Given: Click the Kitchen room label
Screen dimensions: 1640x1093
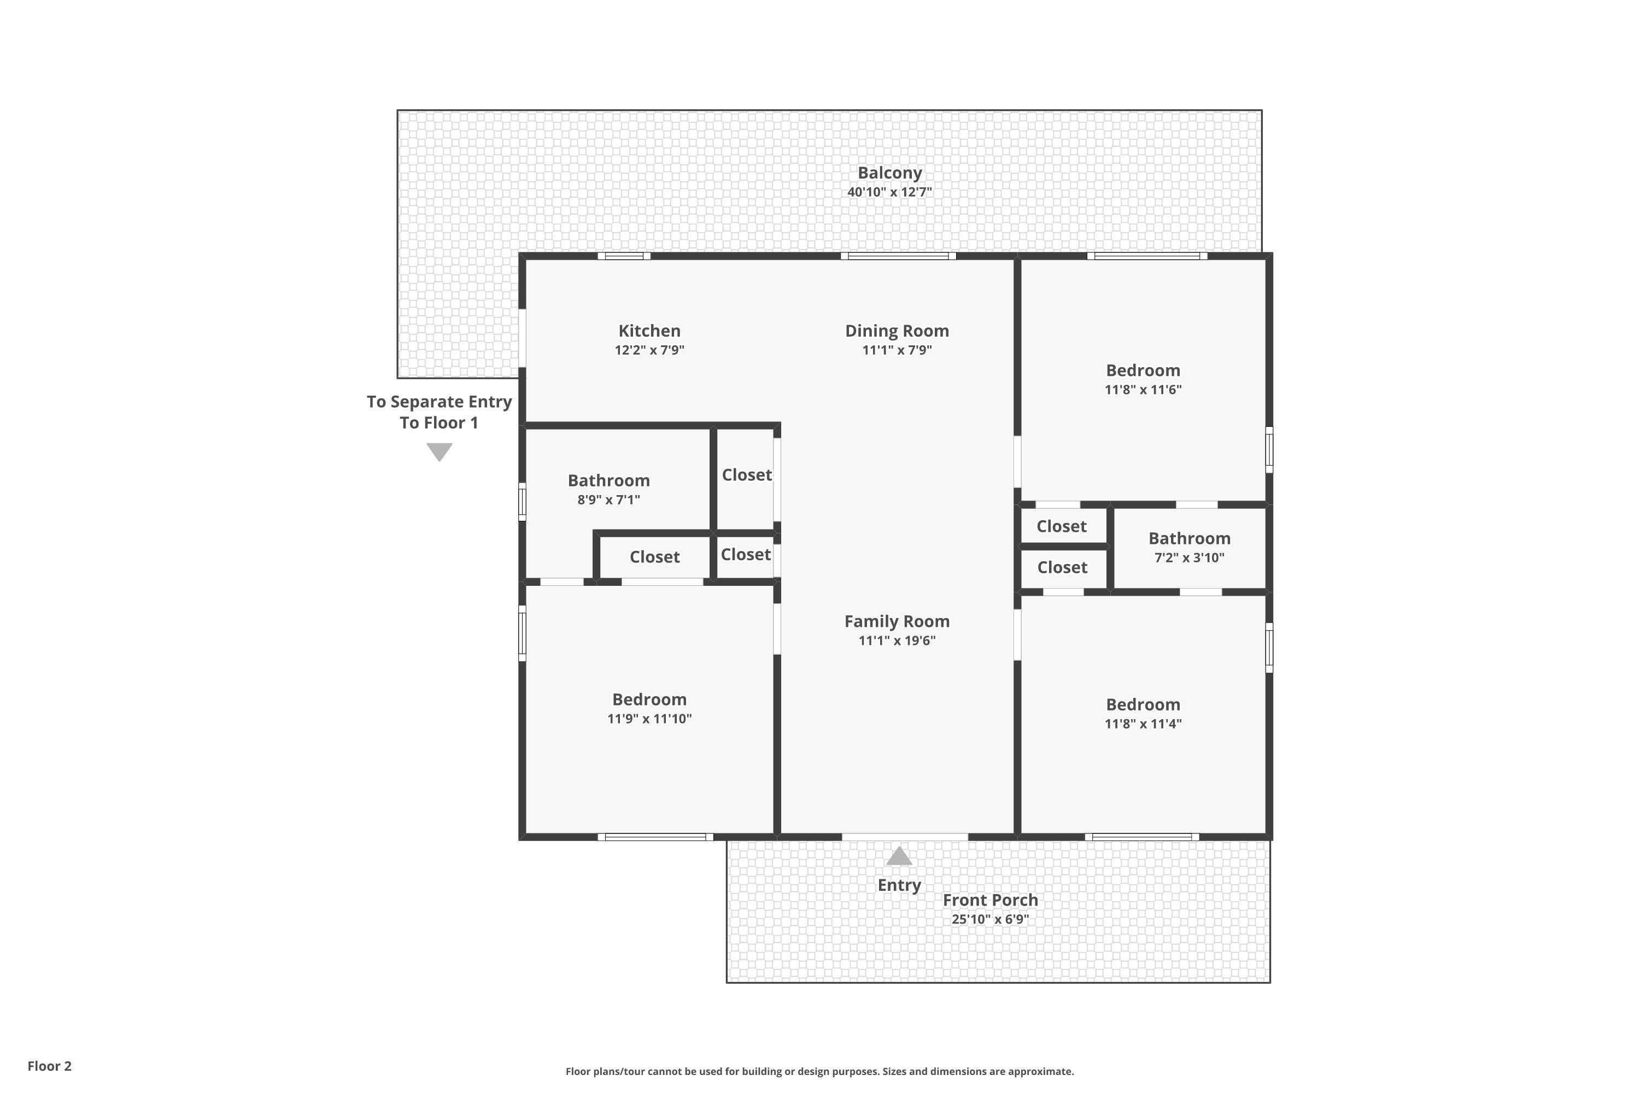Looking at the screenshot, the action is point(649,331).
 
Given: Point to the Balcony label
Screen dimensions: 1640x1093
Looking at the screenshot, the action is point(890,173).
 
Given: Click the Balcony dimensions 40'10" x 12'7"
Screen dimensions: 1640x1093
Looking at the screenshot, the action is point(890,192).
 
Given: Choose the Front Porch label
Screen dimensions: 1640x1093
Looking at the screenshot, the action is point(990,900).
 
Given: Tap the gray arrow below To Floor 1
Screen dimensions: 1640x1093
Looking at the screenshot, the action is point(440,453).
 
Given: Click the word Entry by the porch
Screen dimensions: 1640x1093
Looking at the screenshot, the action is point(899,885).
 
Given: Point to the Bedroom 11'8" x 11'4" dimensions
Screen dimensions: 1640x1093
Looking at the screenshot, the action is point(1143,724).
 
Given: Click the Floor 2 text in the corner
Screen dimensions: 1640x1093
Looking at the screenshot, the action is point(50,1066).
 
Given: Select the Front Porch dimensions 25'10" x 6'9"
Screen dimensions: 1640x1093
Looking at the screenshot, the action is point(990,919).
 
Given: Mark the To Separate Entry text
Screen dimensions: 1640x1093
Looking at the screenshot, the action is point(440,402).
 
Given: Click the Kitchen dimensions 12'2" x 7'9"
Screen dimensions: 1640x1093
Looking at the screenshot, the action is point(649,350).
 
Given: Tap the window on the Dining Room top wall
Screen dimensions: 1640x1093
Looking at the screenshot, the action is point(898,256).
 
